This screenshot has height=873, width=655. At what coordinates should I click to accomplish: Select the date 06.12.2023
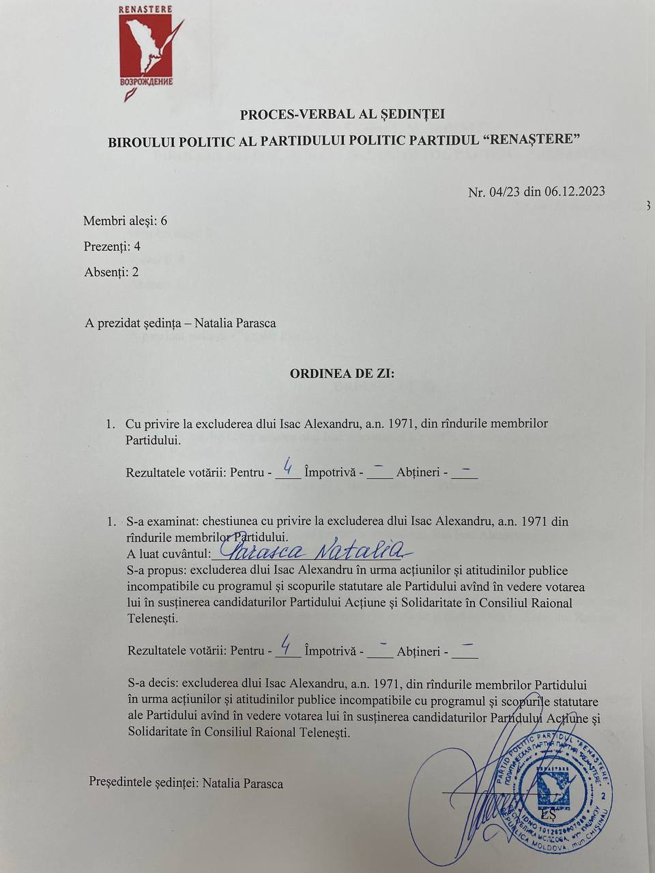574,192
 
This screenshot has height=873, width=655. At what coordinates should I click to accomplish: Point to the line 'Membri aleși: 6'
125,221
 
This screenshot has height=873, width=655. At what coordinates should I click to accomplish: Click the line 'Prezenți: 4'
112,246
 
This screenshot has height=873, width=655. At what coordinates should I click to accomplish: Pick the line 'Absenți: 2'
111,272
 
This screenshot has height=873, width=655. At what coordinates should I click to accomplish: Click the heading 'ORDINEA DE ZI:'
342,374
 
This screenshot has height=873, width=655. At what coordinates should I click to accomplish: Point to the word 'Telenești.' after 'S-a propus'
153,619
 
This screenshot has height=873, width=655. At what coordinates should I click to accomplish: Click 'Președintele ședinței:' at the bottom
144,783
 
